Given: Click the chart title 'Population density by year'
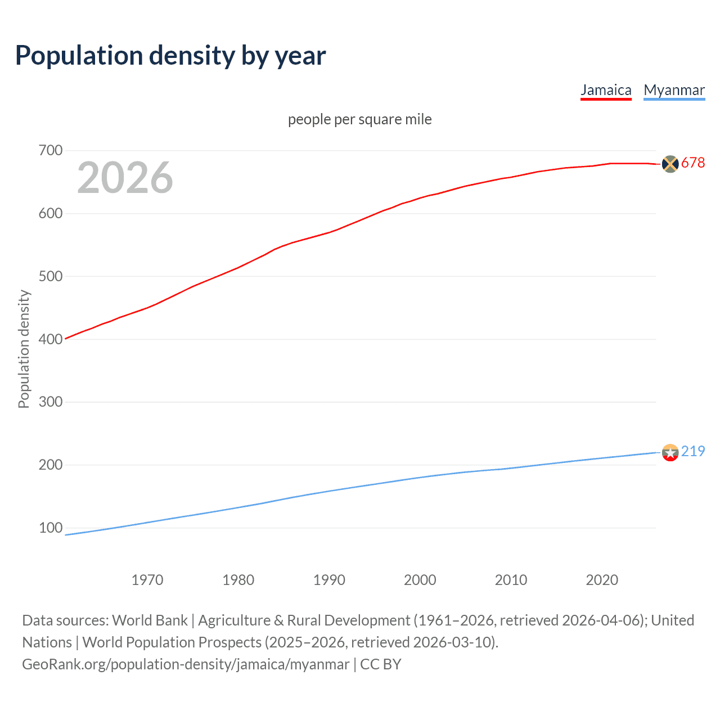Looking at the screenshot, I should (170, 56).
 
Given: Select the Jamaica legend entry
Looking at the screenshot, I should (606, 90).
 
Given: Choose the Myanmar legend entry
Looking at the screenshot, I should (674, 90).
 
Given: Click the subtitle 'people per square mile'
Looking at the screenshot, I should (359, 119).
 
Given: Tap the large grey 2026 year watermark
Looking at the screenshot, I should (125, 178).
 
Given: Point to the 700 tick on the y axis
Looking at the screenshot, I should (51, 151).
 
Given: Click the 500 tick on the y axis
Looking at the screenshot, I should (51, 276).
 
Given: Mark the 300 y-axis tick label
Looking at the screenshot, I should (51, 402).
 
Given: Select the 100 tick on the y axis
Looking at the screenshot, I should (51, 528).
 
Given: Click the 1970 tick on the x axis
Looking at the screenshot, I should (147, 580).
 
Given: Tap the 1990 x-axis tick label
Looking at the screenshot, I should (329, 580).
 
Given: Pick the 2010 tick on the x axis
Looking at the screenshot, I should (511, 580).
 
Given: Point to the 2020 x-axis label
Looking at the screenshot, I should (602, 580).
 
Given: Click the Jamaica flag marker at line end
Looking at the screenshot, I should (670, 164).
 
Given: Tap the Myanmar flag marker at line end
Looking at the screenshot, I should (670, 452).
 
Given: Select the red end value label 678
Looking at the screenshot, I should (693, 163).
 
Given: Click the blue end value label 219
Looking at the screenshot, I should (693, 452).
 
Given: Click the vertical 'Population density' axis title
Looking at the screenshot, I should (24, 349).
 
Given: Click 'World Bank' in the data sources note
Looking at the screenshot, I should (150, 620).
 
